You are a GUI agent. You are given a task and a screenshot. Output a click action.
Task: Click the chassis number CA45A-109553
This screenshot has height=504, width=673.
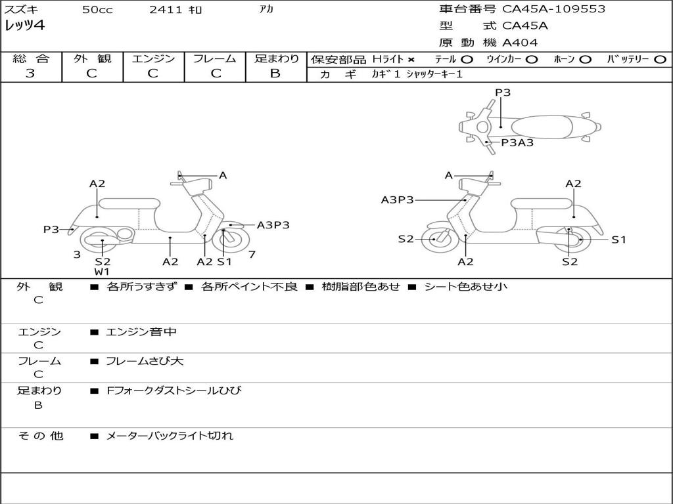(553, 9)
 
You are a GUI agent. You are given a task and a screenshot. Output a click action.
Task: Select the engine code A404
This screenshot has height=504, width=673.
(520, 43)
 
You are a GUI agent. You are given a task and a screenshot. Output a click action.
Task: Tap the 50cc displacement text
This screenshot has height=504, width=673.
(97, 10)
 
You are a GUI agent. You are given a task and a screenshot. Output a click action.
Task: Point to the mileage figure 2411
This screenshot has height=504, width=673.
(162, 10)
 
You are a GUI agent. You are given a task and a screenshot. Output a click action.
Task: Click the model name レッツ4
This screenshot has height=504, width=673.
(25, 26)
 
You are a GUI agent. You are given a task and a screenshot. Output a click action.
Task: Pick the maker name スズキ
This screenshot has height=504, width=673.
(21, 10)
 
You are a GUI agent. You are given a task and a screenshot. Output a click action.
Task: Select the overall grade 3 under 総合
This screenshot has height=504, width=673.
(30, 73)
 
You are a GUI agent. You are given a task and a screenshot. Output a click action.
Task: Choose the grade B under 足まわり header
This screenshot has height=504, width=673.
(275, 73)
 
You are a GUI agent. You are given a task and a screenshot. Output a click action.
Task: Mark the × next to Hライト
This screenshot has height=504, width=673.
(411, 60)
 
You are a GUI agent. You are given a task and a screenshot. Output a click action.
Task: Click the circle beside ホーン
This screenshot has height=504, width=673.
(586, 60)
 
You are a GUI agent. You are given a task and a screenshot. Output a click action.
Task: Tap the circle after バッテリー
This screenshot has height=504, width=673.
(660, 60)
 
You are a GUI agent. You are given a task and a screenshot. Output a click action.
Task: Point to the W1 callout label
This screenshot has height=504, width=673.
(102, 272)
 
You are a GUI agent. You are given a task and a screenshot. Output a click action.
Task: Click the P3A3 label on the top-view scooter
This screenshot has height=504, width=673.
(517, 142)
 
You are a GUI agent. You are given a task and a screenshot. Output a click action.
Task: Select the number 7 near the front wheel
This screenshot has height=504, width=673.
(252, 255)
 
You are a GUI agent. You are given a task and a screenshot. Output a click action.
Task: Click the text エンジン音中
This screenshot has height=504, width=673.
(141, 332)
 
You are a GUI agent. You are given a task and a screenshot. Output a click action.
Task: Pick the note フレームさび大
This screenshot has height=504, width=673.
(145, 361)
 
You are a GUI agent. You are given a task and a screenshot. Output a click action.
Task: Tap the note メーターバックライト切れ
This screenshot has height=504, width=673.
(170, 435)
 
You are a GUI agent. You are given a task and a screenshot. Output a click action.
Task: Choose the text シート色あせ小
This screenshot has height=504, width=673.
(465, 286)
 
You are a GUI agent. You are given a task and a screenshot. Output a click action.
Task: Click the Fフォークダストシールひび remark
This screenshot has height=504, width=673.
(174, 390)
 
